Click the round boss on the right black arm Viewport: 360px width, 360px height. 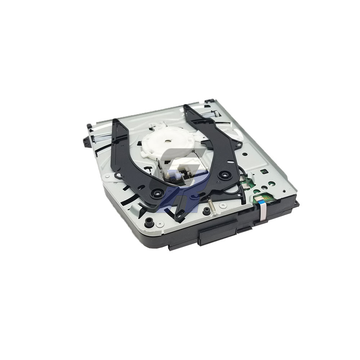pos(225,175)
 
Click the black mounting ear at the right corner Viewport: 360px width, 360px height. pos(297,204)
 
